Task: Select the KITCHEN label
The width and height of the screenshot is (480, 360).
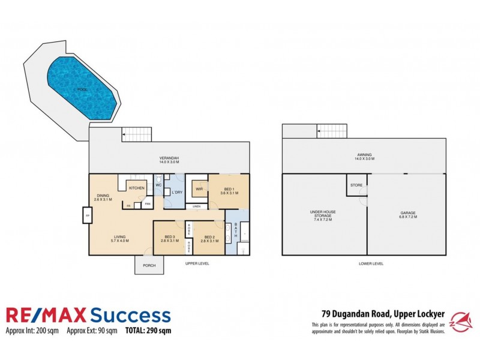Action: pos(136,188)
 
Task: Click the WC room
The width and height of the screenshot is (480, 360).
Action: pos(159,185)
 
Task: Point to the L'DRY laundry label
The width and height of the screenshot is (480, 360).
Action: pos(177,193)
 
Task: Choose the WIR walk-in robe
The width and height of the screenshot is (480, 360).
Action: pos(197,189)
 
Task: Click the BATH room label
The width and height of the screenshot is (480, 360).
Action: pos(236,232)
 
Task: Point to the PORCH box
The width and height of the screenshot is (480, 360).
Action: pos(148,266)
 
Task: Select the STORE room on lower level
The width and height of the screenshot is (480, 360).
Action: pos(356,185)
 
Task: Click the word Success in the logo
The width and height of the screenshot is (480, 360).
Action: pos(129,315)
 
